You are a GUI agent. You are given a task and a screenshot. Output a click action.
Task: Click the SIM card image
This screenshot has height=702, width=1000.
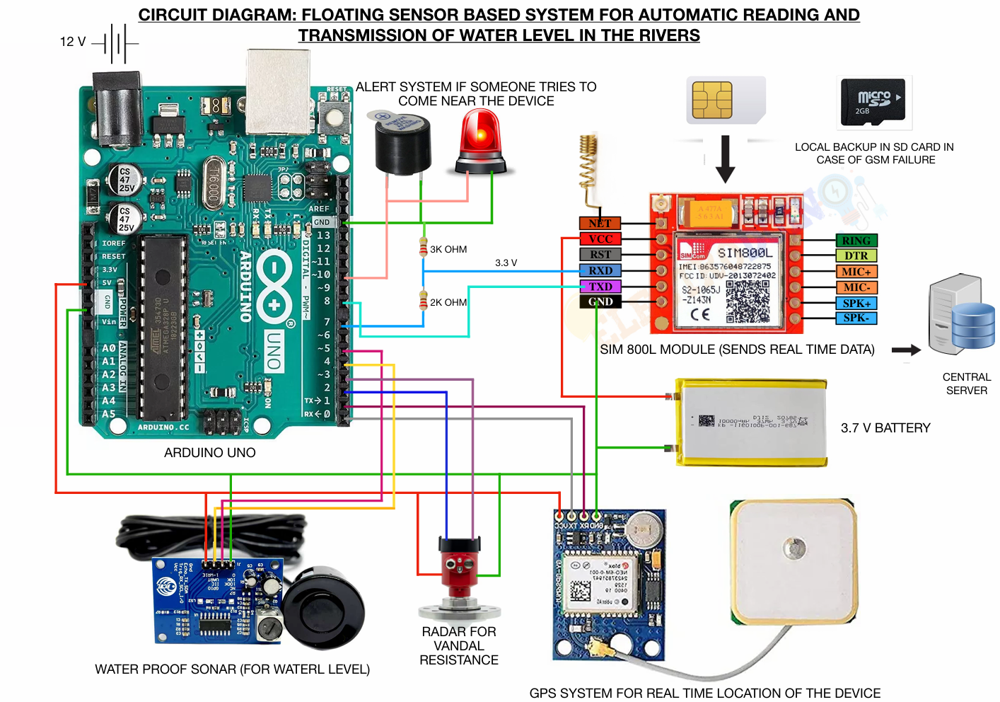click(x=726, y=100)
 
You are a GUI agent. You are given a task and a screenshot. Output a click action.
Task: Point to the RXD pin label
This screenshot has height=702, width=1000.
click(x=600, y=270)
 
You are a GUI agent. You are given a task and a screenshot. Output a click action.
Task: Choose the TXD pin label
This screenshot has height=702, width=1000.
click(x=600, y=287)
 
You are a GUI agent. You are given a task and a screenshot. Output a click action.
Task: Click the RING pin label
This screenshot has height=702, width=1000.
click(x=856, y=241)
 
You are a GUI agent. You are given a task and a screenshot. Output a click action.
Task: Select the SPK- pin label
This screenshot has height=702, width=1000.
click(x=856, y=318)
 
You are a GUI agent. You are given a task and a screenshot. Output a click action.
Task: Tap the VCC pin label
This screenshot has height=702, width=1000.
click(x=600, y=239)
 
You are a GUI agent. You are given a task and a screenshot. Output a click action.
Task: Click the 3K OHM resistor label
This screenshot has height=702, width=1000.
click(x=448, y=249)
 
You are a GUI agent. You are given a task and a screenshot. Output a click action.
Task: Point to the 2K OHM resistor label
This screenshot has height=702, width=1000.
click(x=448, y=302)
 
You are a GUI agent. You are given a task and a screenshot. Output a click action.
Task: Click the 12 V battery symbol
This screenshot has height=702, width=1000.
click(x=117, y=43)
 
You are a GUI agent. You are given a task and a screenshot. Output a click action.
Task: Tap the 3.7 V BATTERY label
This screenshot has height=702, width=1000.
click(x=885, y=428)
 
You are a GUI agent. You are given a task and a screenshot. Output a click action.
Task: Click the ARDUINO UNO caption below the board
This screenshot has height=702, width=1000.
click(x=210, y=453)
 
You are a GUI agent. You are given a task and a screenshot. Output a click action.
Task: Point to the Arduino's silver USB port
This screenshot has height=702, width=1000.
click(x=278, y=91)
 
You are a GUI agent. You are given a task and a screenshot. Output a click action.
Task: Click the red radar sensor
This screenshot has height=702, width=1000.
click(x=460, y=566)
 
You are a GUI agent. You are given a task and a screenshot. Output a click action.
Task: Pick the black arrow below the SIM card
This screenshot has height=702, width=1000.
click(x=725, y=159)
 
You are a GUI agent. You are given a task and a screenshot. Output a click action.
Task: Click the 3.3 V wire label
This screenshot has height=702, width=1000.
click(x=506, y=263)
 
